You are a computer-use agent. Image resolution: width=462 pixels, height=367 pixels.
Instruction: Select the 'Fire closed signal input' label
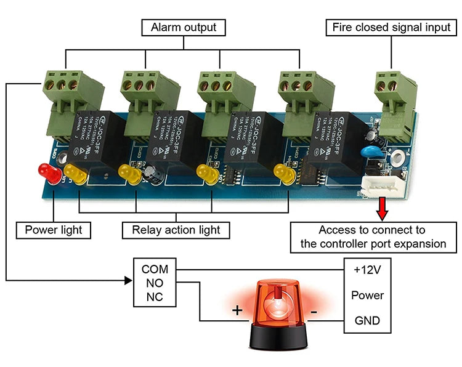tap(392, 28)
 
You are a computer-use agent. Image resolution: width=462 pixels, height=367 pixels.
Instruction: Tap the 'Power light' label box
tap(53, 230)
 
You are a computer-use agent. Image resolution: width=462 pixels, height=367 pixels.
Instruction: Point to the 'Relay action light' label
tap(176, 230)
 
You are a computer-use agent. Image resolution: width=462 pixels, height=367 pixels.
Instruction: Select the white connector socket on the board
tap(375, 184)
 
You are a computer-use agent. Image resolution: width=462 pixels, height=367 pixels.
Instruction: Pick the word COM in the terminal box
tap(155, 269)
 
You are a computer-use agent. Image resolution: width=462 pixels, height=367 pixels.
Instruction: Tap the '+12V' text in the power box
tap(367, 269)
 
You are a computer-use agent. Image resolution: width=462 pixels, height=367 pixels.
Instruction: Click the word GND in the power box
tap(367, 321)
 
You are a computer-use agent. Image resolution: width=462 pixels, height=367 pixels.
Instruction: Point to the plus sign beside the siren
tap(237, 310)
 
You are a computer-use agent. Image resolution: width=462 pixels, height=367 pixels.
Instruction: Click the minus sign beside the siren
tap(314, 313)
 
